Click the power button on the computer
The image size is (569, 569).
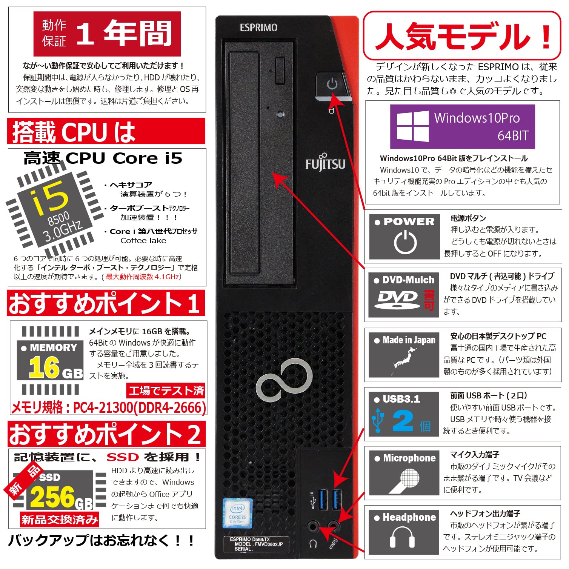click(332, 84)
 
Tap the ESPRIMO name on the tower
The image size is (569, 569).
click(258, 28)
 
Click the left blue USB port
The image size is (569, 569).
click(323, 499)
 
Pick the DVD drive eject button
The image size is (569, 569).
click(280, 70)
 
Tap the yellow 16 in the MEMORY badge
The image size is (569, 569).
click(44, 367)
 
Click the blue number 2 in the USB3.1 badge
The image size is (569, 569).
click(403, 421)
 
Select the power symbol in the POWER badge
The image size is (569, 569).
click(405, 242)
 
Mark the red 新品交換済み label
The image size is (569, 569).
click(60, 520)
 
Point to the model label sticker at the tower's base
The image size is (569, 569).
click(256, 544)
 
